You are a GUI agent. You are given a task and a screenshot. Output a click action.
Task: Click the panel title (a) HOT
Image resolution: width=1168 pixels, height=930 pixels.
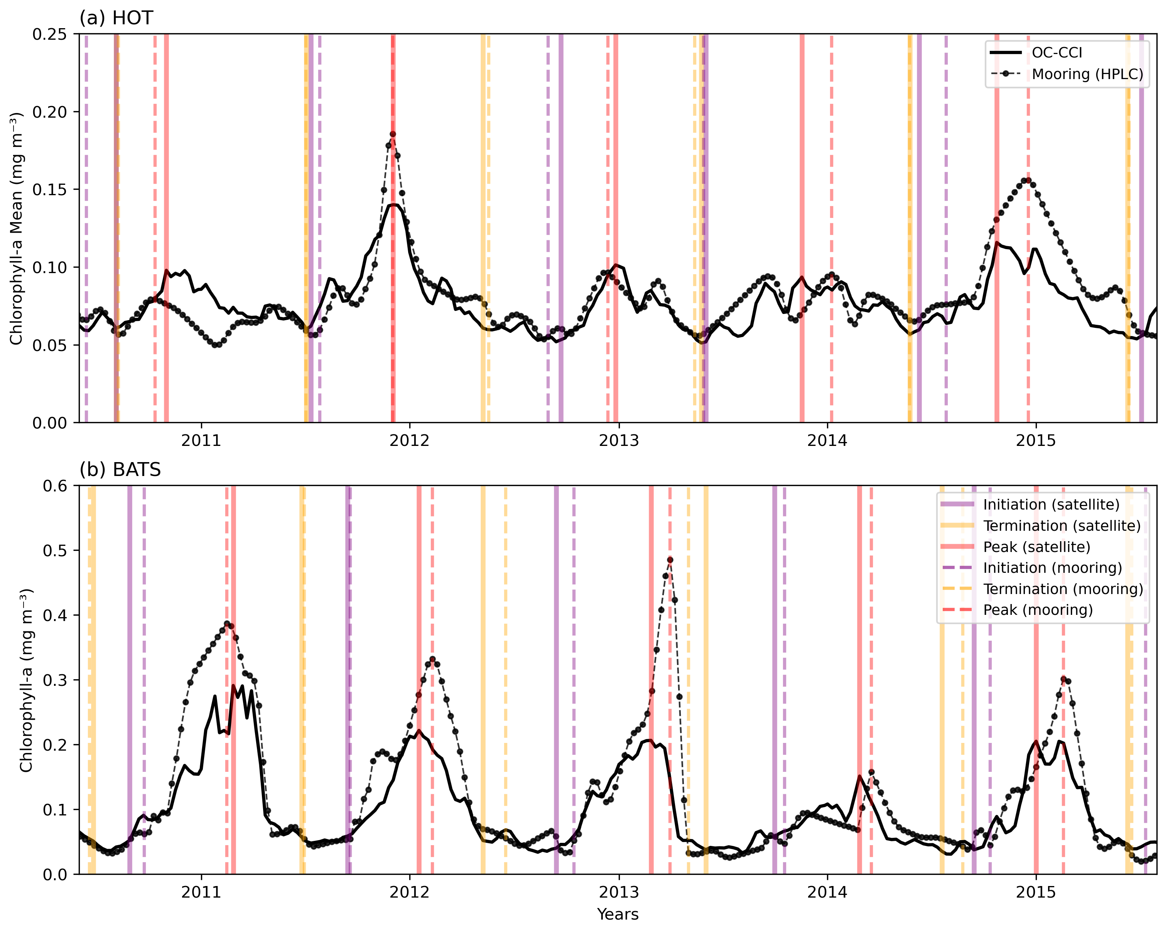tap(116, 18)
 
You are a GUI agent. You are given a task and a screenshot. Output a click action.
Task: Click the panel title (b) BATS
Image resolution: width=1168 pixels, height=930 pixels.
tap(120, 469)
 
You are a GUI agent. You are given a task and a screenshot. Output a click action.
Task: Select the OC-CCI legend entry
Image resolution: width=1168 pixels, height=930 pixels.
tap(1057, 52)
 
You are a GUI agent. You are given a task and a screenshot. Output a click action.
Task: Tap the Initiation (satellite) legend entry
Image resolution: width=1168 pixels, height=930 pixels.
tap(1051, 504)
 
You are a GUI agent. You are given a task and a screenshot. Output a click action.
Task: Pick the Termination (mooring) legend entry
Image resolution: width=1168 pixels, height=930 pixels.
tap(1063, 589)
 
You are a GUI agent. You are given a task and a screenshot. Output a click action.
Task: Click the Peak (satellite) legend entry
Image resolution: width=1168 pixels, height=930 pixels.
tap(1036, 547)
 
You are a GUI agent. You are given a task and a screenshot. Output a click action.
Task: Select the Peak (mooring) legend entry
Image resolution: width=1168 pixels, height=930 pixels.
tap(1038, 610)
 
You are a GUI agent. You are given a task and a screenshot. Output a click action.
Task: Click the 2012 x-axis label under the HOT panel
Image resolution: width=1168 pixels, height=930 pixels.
tap(410, 441)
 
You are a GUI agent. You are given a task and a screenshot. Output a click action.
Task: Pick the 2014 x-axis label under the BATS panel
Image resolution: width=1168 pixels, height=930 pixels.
tap(827, 892)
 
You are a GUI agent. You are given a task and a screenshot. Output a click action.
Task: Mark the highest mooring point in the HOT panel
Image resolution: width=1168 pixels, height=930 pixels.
tap(393, 134)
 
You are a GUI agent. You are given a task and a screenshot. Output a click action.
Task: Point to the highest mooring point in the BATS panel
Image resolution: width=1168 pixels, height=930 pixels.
tap(670, 560)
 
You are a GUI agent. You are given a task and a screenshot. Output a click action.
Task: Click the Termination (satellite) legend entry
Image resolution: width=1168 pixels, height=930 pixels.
tap(1062, 525)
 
